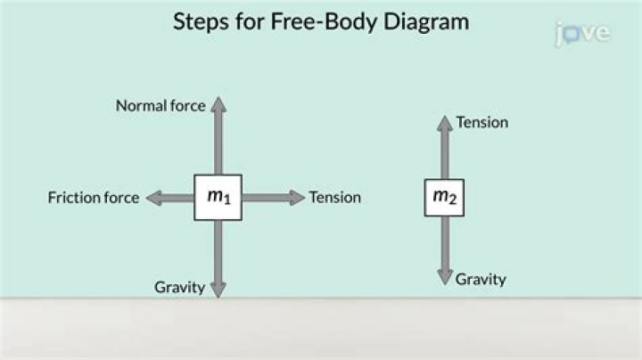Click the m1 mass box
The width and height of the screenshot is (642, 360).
click(x=218, y=198)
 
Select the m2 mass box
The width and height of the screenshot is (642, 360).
click(x=443, y=198)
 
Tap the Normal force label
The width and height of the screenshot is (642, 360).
click(x=160, y=106)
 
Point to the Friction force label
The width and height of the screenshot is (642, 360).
click(x=94, y=198)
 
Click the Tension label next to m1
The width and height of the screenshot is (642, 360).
click(x=334, y=198)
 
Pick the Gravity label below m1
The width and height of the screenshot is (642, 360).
click(x=179, y=287)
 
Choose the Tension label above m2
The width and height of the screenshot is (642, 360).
click(x=481, y=122)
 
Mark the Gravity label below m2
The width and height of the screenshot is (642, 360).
click(x=481, y=279)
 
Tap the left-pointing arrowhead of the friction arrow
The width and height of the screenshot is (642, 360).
click(x=152, y=198)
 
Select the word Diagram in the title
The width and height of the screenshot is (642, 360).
click(x=424, y=22)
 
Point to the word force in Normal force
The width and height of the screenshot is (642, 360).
click(x=187, y=106)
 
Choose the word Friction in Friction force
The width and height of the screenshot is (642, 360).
click(x=73, y=198)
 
